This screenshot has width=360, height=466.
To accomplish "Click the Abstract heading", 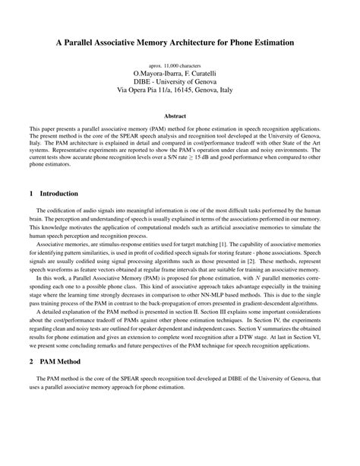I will [x=180, y=116].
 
